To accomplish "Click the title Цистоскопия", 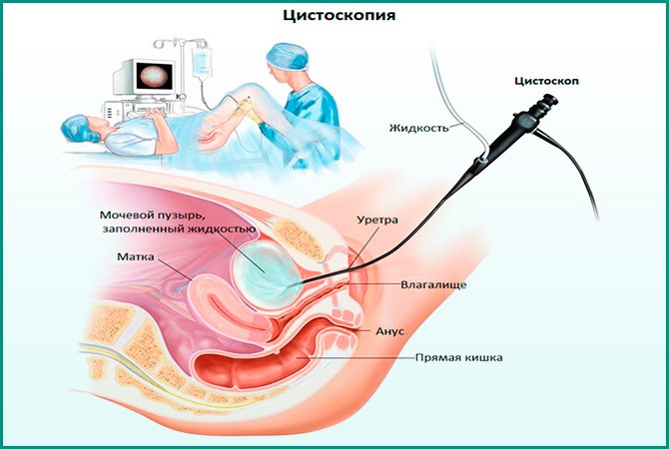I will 334,17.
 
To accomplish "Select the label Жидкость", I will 417,127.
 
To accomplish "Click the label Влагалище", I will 432,284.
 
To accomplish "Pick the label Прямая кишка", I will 459,357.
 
